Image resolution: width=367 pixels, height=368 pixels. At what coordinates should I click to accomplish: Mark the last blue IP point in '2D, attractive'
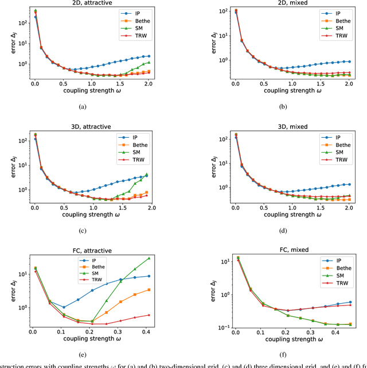click(x=149, y=56)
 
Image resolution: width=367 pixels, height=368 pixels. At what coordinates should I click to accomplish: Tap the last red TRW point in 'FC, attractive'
click(x=149, y=315)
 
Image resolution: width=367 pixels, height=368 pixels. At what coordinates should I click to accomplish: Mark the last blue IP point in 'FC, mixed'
click(x=350, y=302)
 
